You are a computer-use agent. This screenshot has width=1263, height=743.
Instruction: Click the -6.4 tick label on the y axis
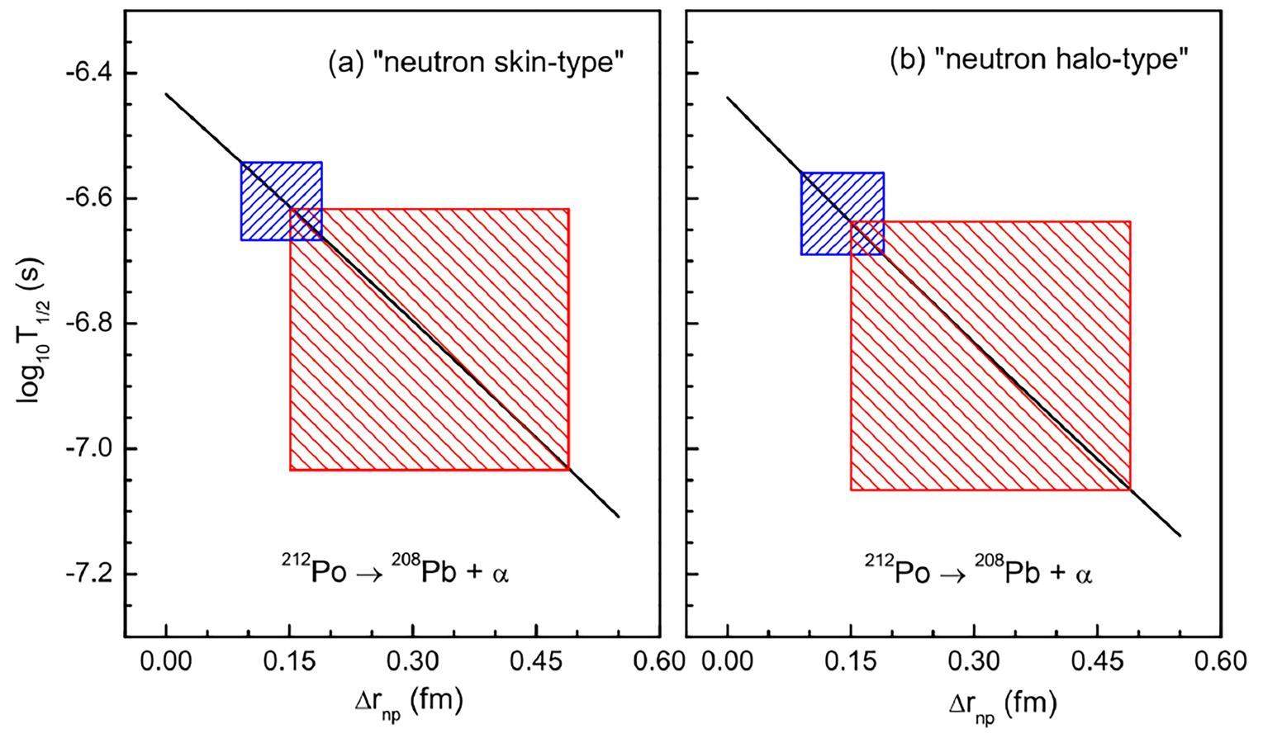[86, 73]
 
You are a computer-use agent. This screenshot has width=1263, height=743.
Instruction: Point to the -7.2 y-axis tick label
[86, 575]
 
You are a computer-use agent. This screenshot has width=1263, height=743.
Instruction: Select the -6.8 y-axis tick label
[86, 324]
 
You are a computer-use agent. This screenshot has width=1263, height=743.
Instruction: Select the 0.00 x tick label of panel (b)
[727, 661]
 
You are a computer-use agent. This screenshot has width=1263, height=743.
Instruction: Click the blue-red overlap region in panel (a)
[306, 225]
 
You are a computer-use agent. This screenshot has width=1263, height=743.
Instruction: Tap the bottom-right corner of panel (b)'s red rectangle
[1129, 490]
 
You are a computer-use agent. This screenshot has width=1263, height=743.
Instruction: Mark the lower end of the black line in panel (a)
[618, 517]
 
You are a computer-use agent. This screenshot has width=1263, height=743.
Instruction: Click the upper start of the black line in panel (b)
[728, 97]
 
